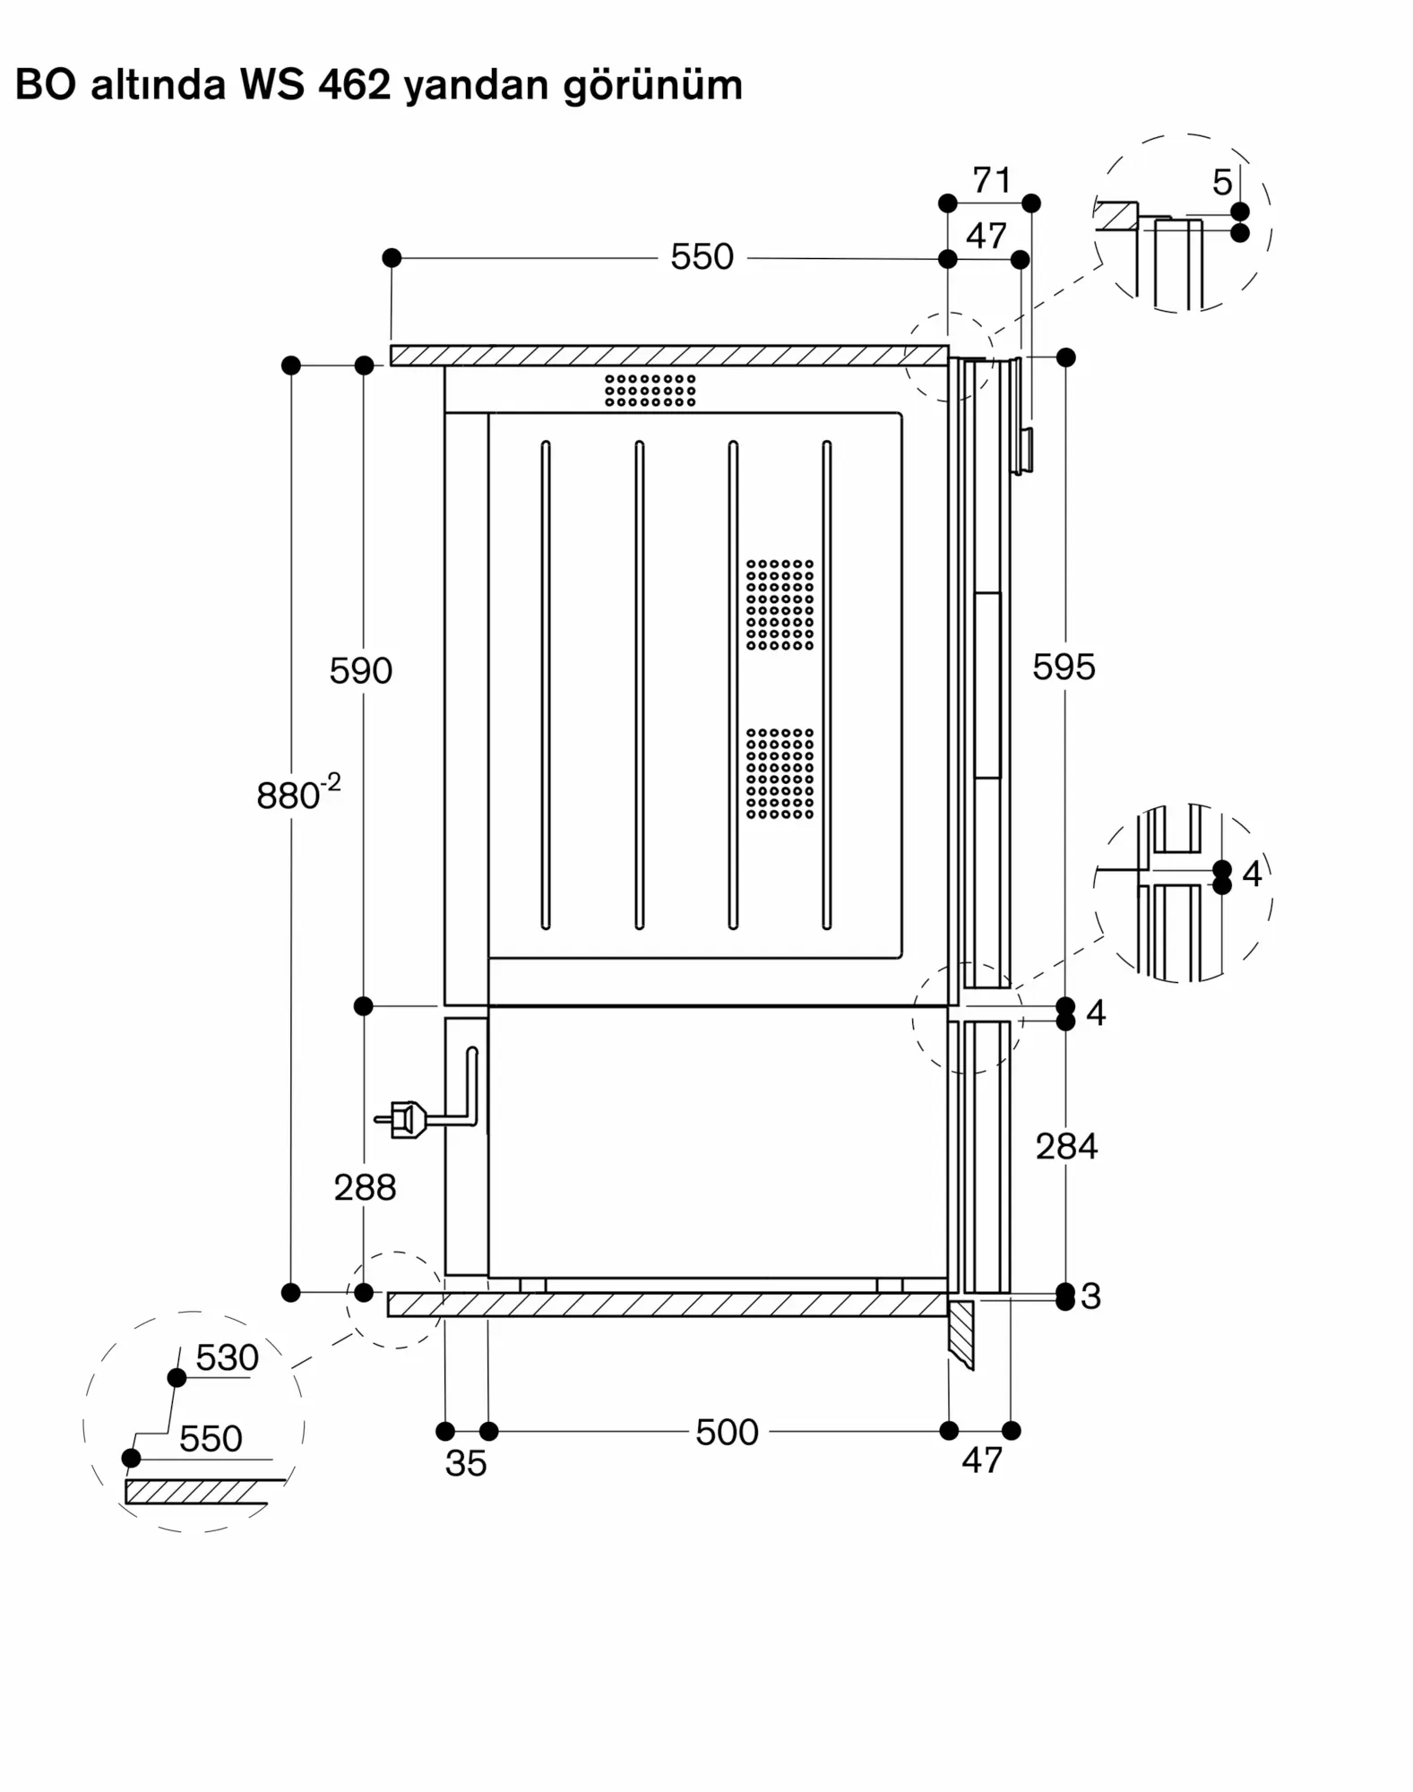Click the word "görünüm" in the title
click(652, 87)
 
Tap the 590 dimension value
click(360, 670)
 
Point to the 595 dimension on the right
click(1064, 667)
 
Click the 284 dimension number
click(1066, 1146)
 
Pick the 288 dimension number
click(365, 1187)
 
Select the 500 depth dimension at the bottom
click(727, 1432)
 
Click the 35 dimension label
click(466, 1463)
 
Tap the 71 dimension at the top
click(992, 180)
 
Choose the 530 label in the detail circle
click(227, 1358)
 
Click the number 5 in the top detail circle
click(1222, 183)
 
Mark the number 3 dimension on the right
click(1090, 1296)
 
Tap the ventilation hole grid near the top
click(650, 390)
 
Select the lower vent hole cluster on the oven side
click(780, 773)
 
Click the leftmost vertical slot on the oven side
click(546, 685)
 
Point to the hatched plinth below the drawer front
click(961, 1334)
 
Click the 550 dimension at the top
click(702, 257)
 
